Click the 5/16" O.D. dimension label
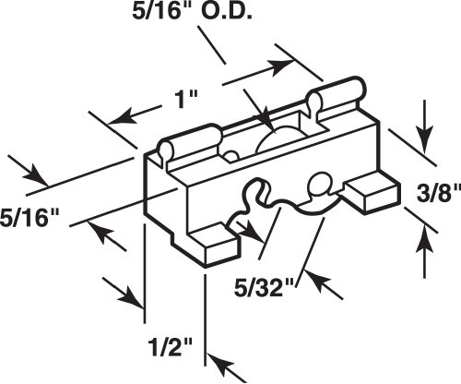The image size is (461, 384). click(193, 11)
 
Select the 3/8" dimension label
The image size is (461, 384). click(439, 193)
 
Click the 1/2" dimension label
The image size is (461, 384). click(170, 347)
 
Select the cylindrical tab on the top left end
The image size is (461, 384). click(190, 140)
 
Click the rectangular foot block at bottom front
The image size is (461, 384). click(215, 244)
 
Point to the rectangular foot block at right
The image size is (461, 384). click(372, 192)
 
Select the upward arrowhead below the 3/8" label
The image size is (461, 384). click(424, 239)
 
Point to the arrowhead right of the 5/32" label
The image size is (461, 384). click(316, 280)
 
